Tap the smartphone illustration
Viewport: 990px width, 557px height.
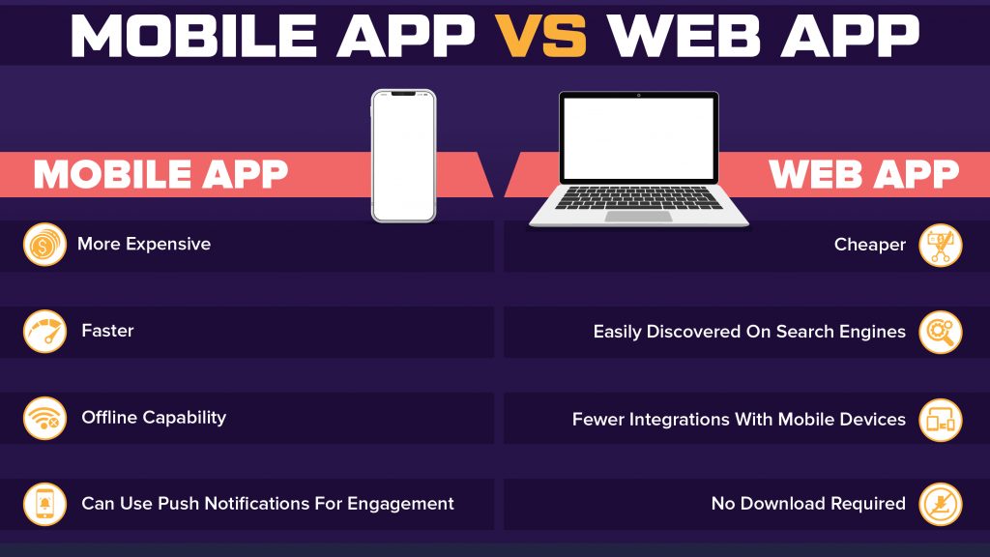point(403,155)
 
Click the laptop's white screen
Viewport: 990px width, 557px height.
point(638,137)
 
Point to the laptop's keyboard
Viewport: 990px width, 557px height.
point(638,198)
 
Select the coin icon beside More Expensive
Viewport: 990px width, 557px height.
point(44,245)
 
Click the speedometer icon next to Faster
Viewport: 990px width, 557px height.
point(44,332)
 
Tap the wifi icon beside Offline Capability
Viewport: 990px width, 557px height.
point(44,418)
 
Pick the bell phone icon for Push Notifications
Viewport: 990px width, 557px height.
point(44,504)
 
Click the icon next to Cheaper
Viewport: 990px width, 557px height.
point(940,245)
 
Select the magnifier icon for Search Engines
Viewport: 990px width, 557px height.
point(940,332)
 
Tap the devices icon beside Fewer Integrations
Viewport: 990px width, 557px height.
point(940,420)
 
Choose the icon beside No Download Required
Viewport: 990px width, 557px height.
point(940,504)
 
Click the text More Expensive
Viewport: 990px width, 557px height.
point(144,244)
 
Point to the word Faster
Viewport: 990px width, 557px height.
point(107,331)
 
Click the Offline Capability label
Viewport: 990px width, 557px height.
point(154,418)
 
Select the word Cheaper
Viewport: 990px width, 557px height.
point(870,245)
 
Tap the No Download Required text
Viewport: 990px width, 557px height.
point(808,504)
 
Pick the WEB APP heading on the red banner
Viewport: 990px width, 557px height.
point(862,174)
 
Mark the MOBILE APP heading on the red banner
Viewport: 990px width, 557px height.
point(160,174)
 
